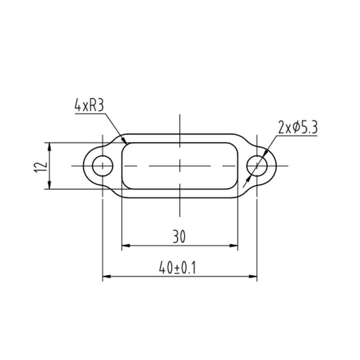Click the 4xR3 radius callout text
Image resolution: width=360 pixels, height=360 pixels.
pos(89,106)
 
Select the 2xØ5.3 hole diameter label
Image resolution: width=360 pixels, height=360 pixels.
pos(298,127)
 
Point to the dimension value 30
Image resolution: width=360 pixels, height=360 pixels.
pos(179,237)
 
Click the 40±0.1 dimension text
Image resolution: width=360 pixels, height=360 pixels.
pos(177,268)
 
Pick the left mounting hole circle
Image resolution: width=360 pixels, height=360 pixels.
pos(103,166)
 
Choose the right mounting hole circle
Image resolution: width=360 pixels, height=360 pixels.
pos(257,166)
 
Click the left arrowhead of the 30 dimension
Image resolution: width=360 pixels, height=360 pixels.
pos(126,246)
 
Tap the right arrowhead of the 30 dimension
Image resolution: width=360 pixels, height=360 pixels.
pos(234,246)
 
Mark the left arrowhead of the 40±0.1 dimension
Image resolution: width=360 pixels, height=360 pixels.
pos(107,276)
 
